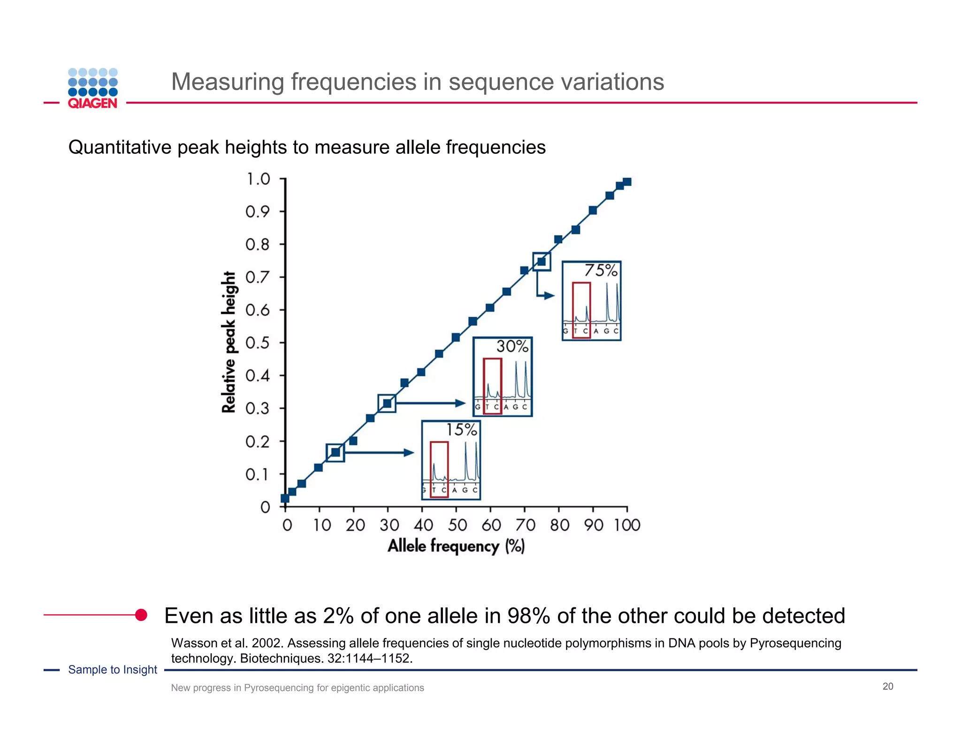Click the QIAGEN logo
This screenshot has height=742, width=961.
(93, 89)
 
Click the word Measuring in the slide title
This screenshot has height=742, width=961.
(228, 82)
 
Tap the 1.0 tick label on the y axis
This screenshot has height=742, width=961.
(258, 179)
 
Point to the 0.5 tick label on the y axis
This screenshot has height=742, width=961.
(258, 343)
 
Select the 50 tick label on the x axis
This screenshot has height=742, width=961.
(457, 525)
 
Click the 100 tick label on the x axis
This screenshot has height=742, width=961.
(627, 525)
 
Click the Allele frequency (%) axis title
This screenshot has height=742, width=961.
(456, 546)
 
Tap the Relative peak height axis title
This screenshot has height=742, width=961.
(229, 342)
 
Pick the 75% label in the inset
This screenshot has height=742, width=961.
(601, 271)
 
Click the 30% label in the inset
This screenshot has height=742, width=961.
(512, 347)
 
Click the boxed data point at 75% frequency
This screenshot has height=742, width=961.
(542, 262)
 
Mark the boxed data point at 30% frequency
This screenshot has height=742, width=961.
(387, 403)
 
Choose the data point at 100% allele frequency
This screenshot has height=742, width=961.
(627, 182)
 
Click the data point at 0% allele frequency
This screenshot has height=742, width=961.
(285, 498)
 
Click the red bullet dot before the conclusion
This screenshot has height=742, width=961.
(141, 615)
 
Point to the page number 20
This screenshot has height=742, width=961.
(888, 687)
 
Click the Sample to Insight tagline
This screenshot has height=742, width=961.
(113, 670)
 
